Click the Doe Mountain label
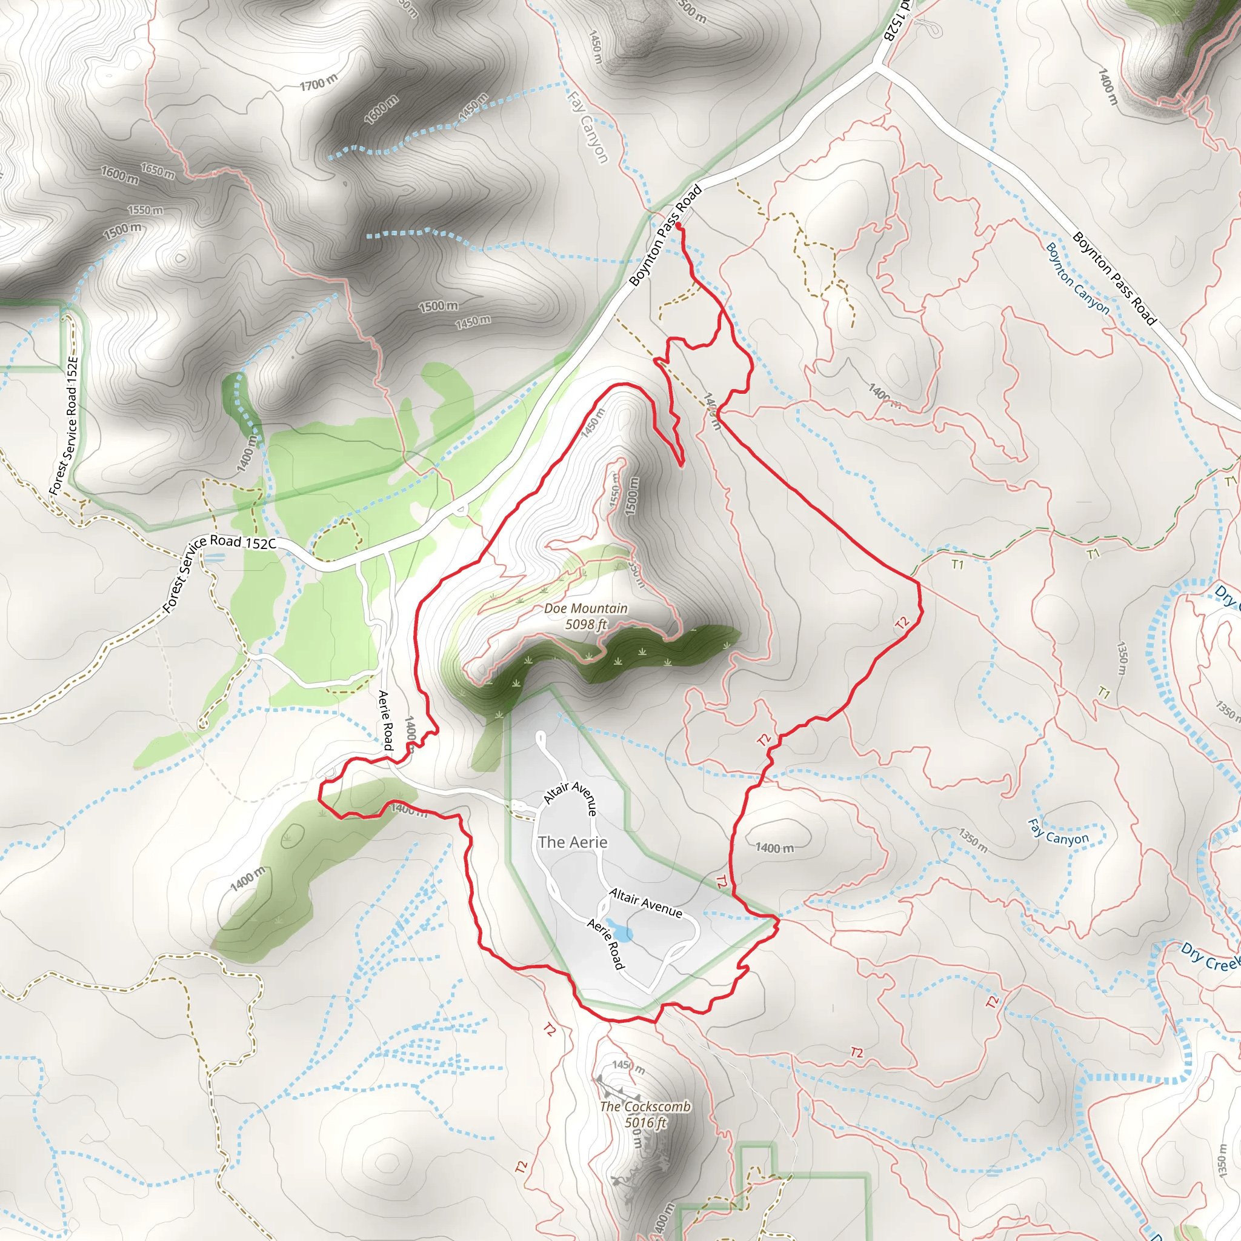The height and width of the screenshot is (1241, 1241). click(x=586, y=608)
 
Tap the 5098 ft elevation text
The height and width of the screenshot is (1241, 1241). click(x=586, y=624)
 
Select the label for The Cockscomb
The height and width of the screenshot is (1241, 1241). click(x=645, y=1106)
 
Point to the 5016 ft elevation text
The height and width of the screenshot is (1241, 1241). click(x=645, y=1122)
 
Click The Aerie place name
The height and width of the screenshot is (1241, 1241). click(x=572, y=842)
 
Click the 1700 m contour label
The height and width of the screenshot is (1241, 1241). click(x=318, y=82)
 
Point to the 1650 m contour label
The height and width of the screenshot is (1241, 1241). click(x=158, y=171)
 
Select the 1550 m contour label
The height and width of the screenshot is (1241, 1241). click(x=145, y=210)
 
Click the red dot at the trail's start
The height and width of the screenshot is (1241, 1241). click(x=678, y=225)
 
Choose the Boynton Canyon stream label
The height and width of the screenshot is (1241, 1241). click(x=1077, y=278)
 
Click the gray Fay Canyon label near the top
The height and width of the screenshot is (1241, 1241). click(x=587, y=127)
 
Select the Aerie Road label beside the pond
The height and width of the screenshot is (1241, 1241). click(x=605, y=944)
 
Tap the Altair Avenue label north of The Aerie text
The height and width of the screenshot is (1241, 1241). click(x=570, y=798)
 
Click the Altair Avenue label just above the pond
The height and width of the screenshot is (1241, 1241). click(x=645, y=902)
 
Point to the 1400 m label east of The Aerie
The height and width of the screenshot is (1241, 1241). click(x=774, y=848)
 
